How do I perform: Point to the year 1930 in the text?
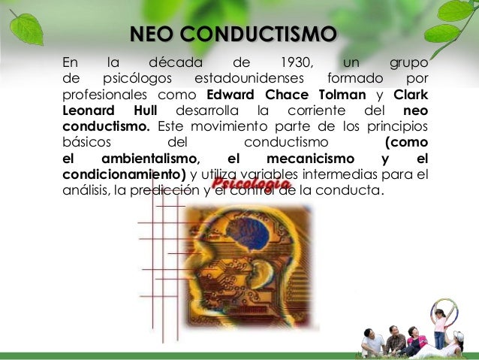pyautogui.click(x=296, y=62)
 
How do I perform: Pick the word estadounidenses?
pyautogui.click(x=249, y=78)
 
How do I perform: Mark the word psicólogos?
pyautogui.click(x=136, y=78)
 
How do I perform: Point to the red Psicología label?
pyautogui.click(x=251, y=183)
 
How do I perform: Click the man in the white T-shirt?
pyautogui.click(x=372, y=341)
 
